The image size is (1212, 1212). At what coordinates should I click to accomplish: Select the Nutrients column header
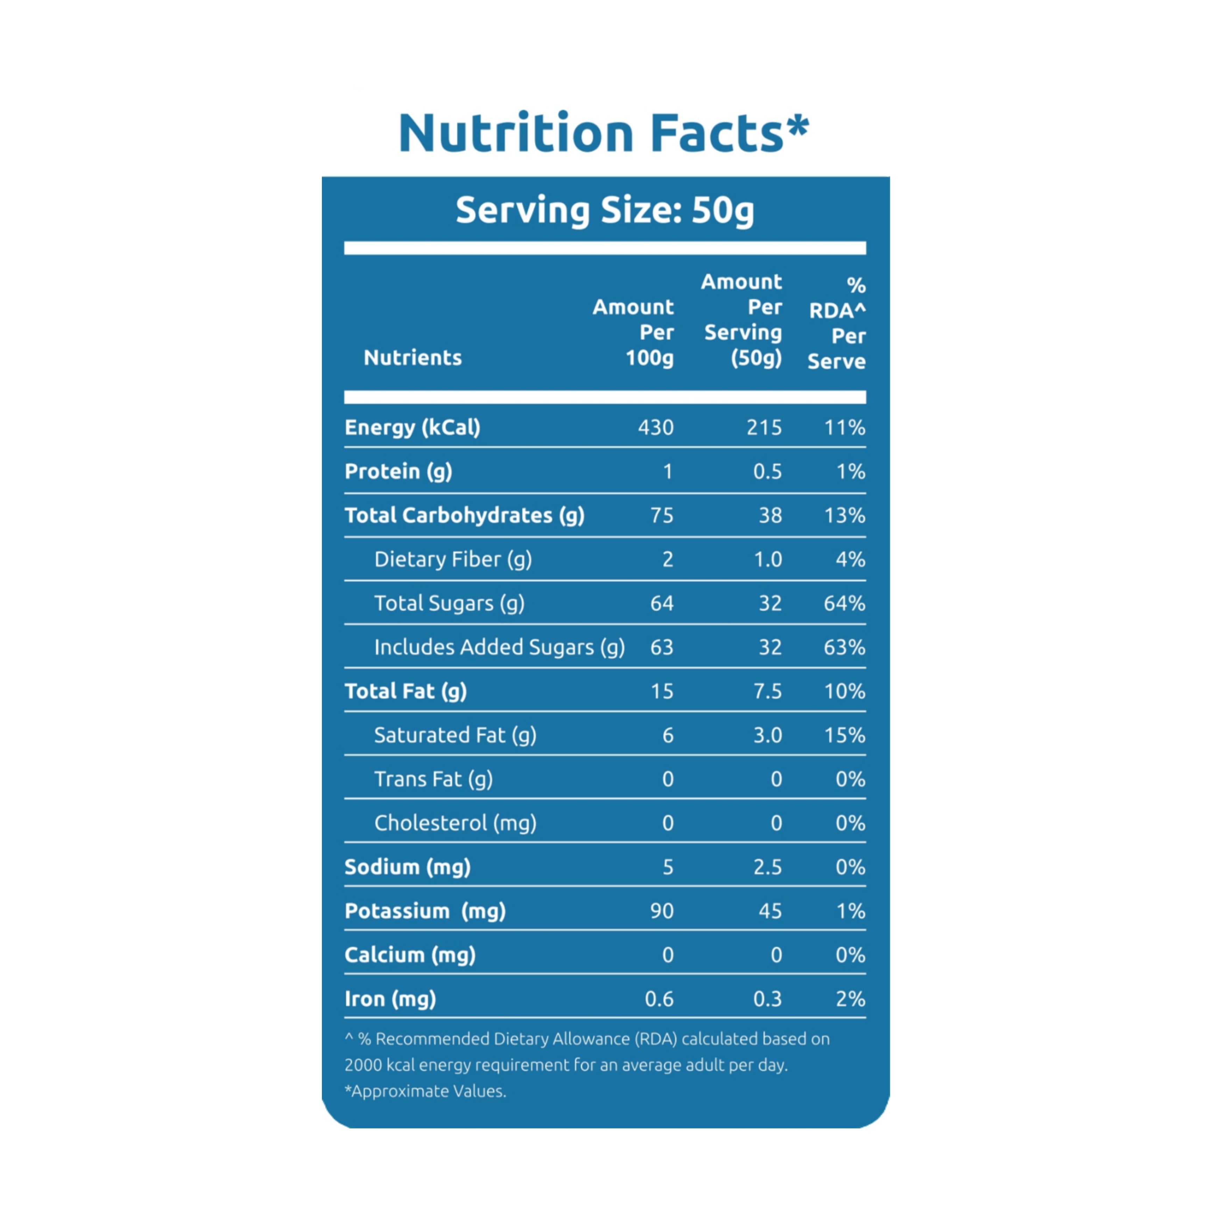click(413, 358)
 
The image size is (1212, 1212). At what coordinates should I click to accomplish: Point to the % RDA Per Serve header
click(837, 323)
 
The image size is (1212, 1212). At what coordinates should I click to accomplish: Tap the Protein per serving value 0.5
click(767, 472)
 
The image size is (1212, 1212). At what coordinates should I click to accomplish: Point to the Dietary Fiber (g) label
click(453, 559)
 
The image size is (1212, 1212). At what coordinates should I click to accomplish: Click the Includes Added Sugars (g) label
click(499, 647)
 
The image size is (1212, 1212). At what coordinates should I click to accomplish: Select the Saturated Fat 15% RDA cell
click(844, 735)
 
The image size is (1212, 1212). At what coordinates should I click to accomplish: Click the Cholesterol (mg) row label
click(456, 823)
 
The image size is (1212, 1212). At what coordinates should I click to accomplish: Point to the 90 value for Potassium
click(662, 911)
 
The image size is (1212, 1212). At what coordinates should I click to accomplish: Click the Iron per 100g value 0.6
click(659, 999)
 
